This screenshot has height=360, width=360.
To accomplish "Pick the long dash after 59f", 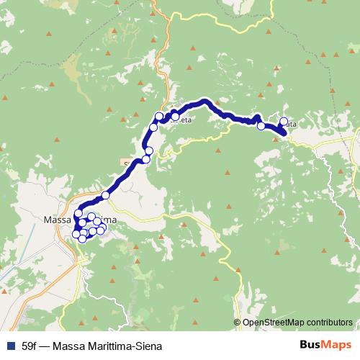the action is pyautogui.click(x=45, y=343).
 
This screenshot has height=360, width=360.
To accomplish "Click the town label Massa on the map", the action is pyautogui.click(x=58, y=219).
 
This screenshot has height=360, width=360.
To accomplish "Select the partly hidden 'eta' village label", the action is pyautogui.click(x=185, y=120).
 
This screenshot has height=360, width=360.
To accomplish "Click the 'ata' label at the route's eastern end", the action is pyautogui.click(x=290, y=125).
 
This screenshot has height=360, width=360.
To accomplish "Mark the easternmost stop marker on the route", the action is pyautogui.click(x=284, y=122).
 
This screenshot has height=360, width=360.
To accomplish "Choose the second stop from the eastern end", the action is pyautogui.click(x=261, y=126).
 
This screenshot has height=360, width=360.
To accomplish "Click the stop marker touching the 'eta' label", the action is pyautogui.click(x=175, y=116).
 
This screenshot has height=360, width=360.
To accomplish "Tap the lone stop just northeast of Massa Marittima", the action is pyautogui.click(x=105, y=195).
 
